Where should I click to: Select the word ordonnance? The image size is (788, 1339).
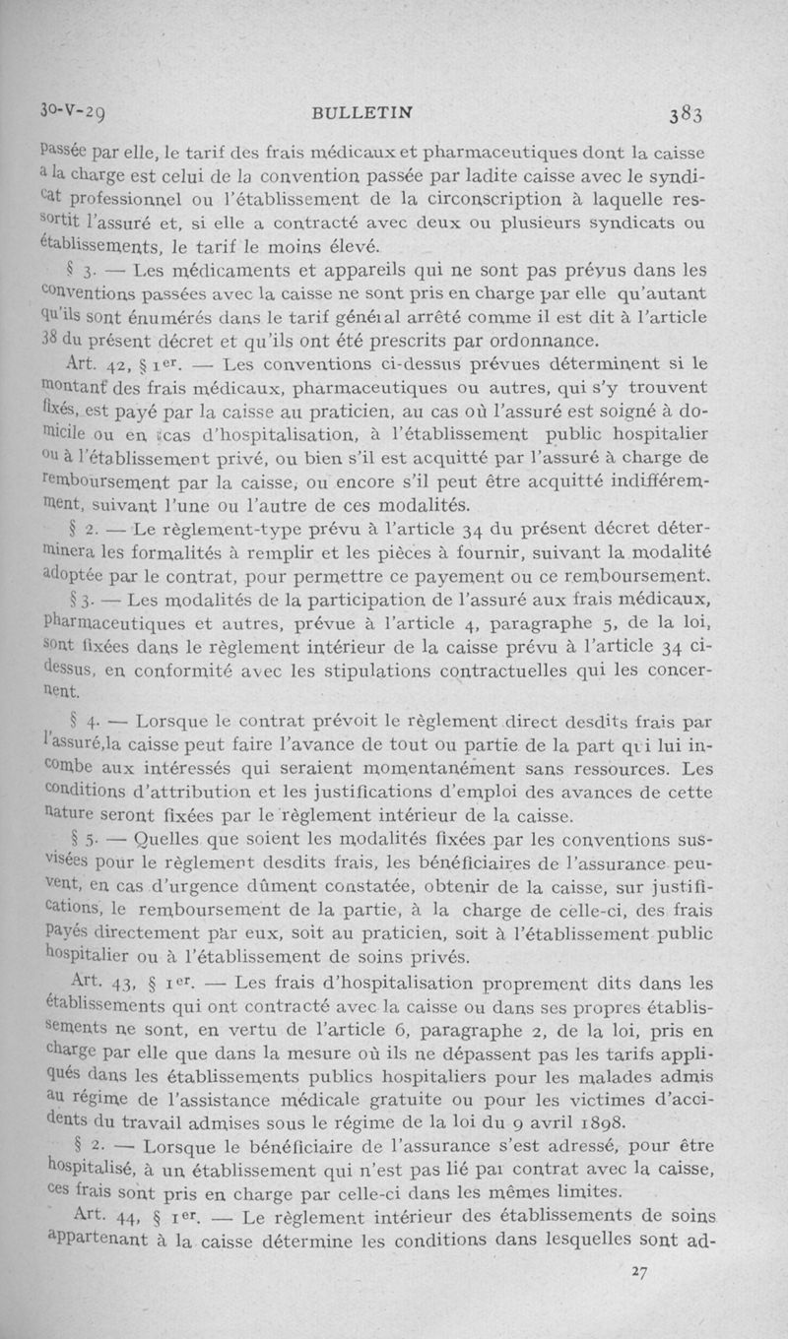(x=538, y=343)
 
